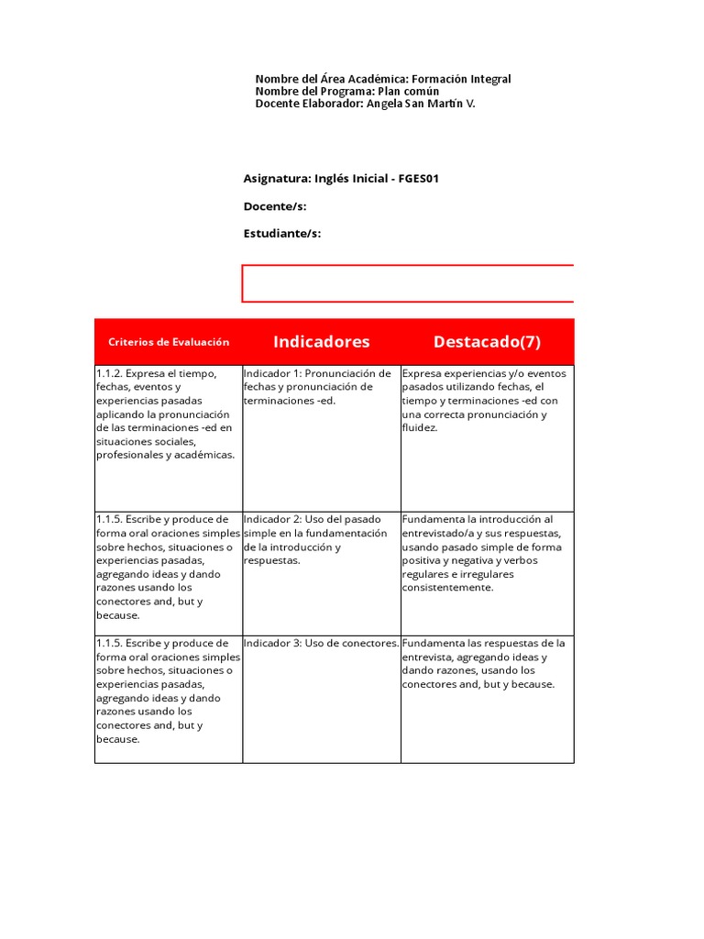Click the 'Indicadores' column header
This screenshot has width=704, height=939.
coord(321,342)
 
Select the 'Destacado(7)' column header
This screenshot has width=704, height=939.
coord(487,342)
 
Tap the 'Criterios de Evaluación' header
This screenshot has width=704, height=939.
coord(169,342)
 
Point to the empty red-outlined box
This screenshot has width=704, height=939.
coord(408,283)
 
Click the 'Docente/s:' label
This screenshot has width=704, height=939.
coord(275,206)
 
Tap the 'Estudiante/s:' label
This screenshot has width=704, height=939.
coord(282,234)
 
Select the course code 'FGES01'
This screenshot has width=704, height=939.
coord(419,179)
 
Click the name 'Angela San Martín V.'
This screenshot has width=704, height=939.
coord(421,104)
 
